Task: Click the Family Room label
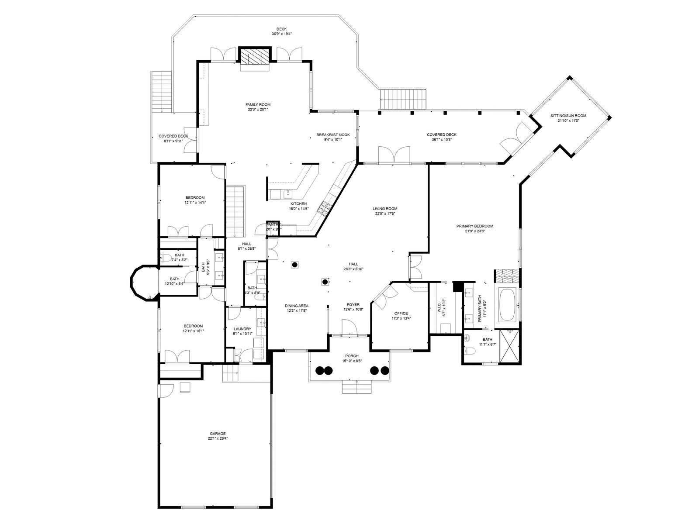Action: (x=258, y=105)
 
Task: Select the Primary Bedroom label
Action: (x=475, y=226)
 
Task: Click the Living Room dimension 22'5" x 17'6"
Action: (x=385, y=214)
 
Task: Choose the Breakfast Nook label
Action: (x=329, y=135)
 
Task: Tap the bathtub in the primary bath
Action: (x=508, y=305)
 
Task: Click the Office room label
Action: (x=401, y=314)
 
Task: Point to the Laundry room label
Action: (x=242, y=329)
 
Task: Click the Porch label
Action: (x=352, y=356)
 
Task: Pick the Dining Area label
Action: (x=297, y=306)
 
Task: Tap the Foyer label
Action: (x=353, y=304)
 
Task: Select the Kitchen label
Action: (x=299, y=204)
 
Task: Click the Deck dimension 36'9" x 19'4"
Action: (x=281, y=34)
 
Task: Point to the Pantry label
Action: (x=273, y=225)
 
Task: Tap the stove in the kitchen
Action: (x=325, y=208)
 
